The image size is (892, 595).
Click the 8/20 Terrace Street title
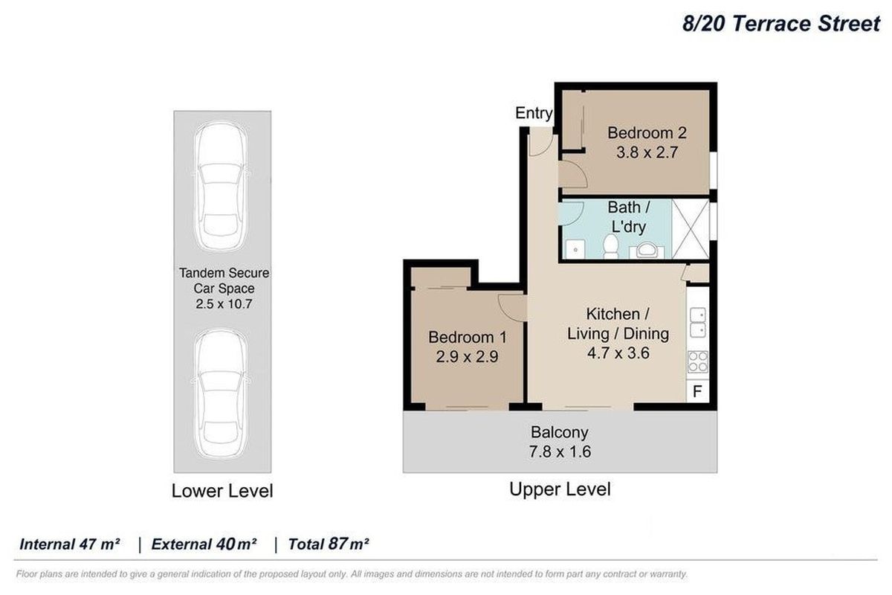(781, 24)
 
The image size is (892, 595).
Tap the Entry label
(534, 113)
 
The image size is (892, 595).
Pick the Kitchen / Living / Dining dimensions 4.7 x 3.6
(617, 353)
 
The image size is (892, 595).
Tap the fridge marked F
(697, 391)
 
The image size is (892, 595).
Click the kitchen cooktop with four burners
(698, 362)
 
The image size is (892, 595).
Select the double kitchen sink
(697, 322)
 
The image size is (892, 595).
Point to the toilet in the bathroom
(611, 246)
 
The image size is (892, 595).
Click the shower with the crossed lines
(691, 229)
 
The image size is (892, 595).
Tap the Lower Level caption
(222, 491)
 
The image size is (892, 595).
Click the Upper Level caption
(560, 489)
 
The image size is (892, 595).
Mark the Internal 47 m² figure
(70, 544)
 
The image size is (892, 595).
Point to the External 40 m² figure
(204, 544)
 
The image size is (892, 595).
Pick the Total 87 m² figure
(329, 544)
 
